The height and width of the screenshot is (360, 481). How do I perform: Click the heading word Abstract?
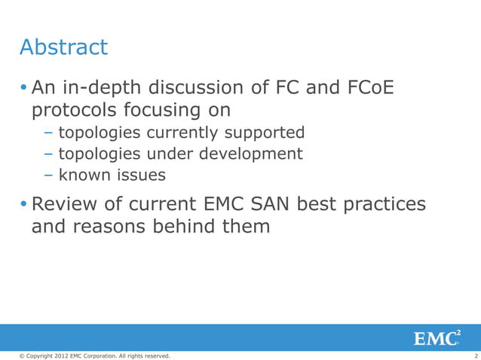[x=63, y=47]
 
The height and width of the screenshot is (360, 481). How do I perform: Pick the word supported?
[x=261, y=133]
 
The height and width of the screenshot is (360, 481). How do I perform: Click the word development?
[x=248, y=154]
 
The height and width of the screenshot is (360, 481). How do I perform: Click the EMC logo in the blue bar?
[x=437, y=337]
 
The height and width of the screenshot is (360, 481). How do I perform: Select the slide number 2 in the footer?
[x=476, y=355]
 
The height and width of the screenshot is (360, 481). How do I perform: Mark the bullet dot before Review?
[x=23, y=206]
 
